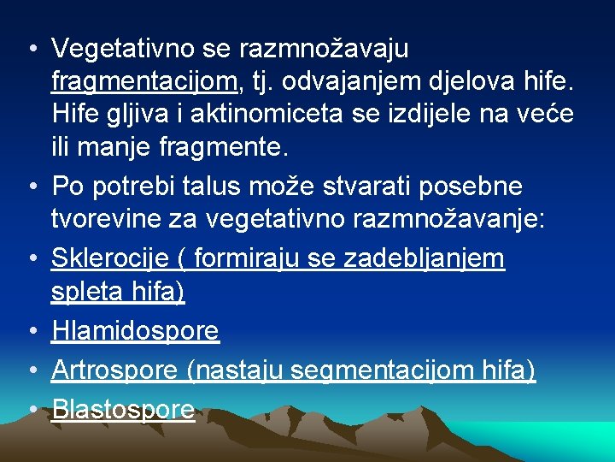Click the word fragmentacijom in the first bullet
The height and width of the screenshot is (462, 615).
(144, 81)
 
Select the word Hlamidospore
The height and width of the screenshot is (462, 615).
(135, 331)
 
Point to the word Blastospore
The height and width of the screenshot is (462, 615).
(123, 410)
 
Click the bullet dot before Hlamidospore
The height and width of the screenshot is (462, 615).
(31, 331)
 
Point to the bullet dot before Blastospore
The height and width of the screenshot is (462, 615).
(31, 410)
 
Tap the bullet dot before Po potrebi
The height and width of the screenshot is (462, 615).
(31, 187)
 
